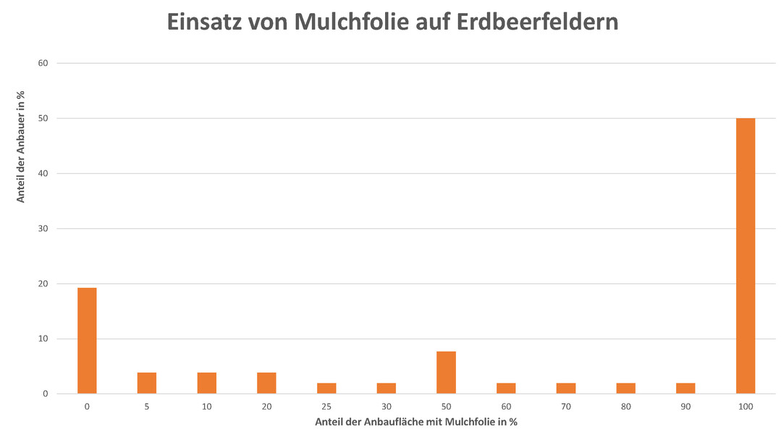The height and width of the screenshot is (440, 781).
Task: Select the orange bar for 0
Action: (x=87, y=341)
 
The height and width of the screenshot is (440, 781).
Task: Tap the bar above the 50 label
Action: (x=446, y=373)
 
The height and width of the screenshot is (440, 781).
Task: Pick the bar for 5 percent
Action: (x=147, y=383)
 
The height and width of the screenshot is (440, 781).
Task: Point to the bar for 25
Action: (x=326, y=388)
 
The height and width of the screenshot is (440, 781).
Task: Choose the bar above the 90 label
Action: (x=685, y=388)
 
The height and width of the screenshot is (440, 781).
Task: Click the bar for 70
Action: (x=566, y=388)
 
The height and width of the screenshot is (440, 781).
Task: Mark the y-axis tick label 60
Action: (x=43, y=63)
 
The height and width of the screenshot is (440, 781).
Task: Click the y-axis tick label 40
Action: (x=43, y=173)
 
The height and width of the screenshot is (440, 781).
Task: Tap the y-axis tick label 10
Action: (x=43, y=339)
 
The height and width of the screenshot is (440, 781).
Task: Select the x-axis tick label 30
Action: (x=387, y=407)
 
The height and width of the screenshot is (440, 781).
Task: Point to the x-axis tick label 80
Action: (x=625, y=407)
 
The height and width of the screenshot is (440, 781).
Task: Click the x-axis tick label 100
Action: (x=746, y=407)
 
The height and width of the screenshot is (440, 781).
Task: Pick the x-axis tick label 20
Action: (x=266, y=407)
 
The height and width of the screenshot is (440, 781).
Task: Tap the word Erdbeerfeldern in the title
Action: (x=538, y=22)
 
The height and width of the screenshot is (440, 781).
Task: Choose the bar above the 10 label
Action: (x=207, y=383)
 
